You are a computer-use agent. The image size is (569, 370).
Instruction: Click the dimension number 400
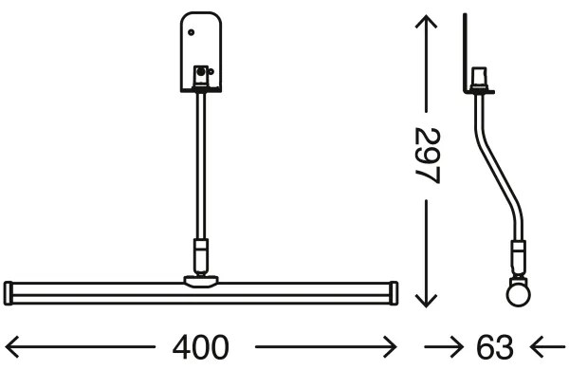pyautogui.click(x=202, y=347)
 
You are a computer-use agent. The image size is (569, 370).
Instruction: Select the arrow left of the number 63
pyautogui.click(x=440, y=347)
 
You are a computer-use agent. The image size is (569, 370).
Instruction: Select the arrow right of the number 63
pyautogui.click(x=548, y=347)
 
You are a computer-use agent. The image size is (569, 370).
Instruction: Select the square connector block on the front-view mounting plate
pyautogui.click(x=201, y=73)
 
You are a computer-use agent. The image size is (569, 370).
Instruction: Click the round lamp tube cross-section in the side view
pyautogui.click(x=518, y=292)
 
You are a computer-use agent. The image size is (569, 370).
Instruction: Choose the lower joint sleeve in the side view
pyautogui.click(x=518, y=254)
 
